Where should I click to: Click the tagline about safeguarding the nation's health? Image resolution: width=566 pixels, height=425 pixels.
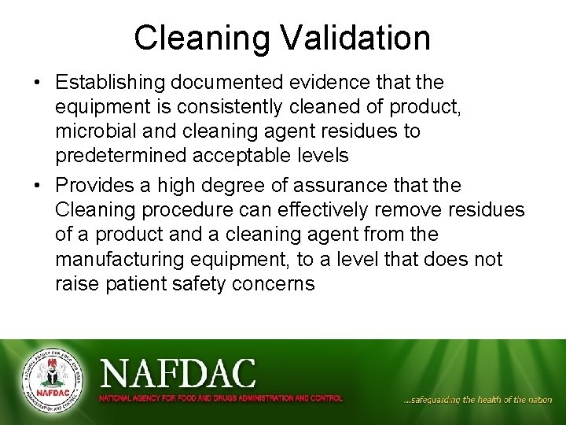click(477, 400)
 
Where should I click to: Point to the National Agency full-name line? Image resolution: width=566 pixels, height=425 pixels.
click(220, 398)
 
